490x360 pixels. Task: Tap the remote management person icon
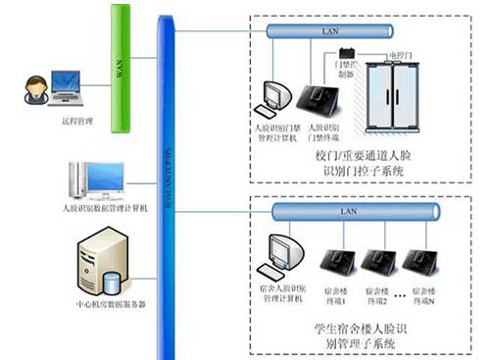(x=30, y=89)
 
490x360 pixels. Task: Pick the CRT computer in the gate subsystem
(x=272, y=96)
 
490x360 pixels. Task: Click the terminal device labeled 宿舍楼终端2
(x=378, y=260)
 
